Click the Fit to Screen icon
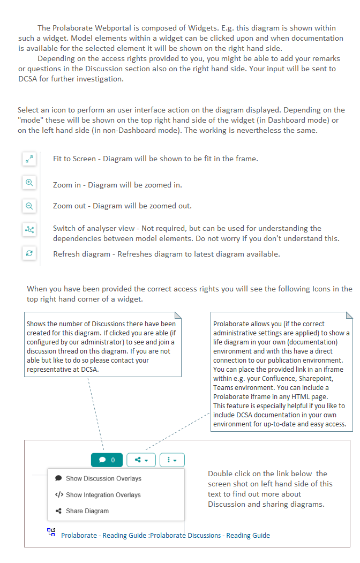[29, 159]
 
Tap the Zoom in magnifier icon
[29, 183]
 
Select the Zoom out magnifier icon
[29, 206]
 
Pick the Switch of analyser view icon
[29, 230]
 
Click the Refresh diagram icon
[29, 253]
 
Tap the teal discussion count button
[107, 460]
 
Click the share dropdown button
[141, 460]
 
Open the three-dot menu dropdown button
[172, 460]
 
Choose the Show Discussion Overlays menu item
[103, 478]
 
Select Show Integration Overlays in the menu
[103, 494]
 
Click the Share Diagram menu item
[87, 511]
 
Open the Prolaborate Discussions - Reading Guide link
[166, 535]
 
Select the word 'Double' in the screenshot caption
[221, 474]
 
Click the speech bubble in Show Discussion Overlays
[58, 478]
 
